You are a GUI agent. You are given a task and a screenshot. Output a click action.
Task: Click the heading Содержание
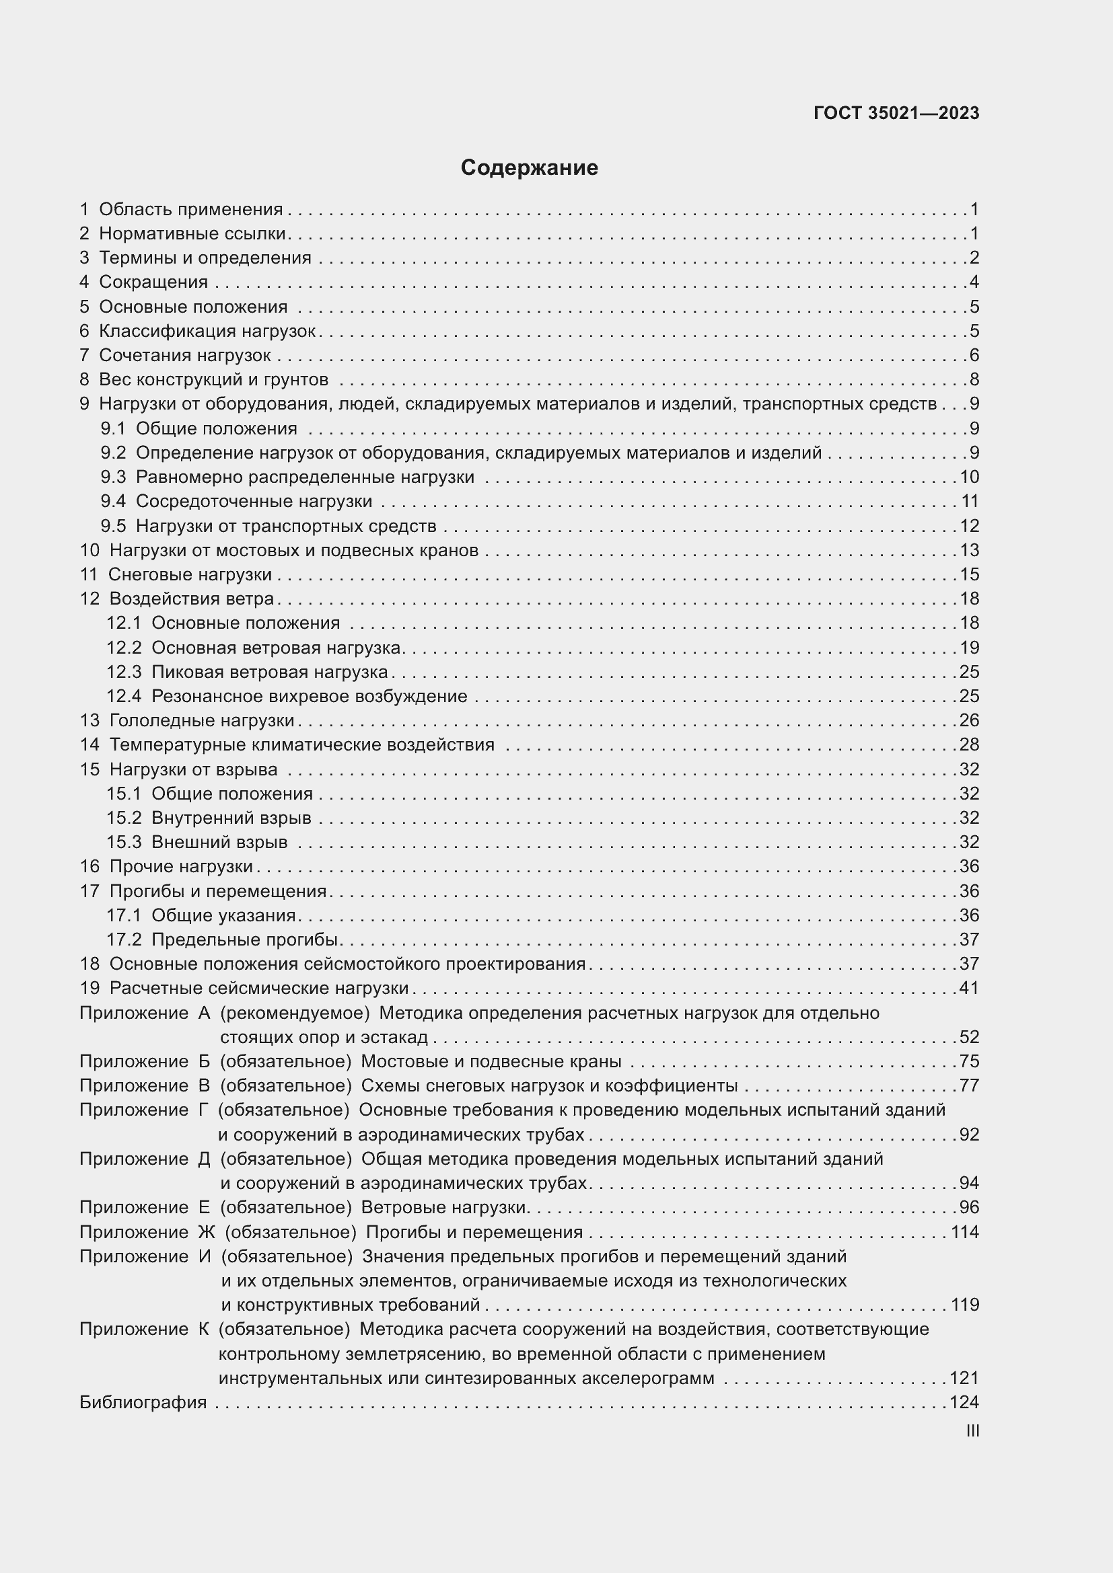(529, 168)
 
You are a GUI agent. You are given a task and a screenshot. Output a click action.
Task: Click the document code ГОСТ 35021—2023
(896, 113)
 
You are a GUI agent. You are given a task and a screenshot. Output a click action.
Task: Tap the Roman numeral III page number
(972, 1430)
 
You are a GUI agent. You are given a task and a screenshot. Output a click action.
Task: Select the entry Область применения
(190, 209)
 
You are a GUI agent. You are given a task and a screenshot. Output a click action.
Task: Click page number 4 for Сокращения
(974, 282)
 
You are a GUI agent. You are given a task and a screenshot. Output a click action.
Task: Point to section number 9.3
(113, 477)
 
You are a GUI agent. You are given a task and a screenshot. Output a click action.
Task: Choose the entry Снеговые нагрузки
(190, 574)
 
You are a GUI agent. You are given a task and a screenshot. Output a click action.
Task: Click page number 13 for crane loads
(969, 550)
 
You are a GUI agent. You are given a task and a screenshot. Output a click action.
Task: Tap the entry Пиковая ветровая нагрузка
(269, 671)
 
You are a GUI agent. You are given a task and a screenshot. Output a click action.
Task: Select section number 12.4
(123, 696)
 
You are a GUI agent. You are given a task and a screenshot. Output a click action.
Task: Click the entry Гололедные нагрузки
(201, 720)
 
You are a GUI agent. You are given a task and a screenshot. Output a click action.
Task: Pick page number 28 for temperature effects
(969, 744)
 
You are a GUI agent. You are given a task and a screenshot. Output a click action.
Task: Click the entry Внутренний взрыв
(231, 817)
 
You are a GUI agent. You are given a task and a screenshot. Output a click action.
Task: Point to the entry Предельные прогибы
(246, 939)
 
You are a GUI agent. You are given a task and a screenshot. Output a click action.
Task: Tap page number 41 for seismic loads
(969, 988)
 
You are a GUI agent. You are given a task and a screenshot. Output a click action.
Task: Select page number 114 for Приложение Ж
(965, 1232)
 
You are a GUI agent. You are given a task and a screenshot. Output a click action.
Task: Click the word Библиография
(143, 1402)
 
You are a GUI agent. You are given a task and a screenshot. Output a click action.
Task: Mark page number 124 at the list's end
(964, 1402)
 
